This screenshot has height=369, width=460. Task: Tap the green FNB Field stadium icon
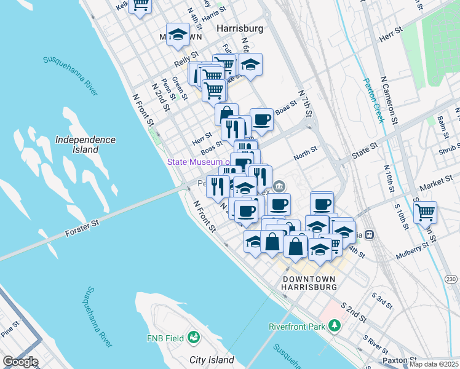tap(194, 337)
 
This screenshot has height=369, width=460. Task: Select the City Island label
tap(212, 360)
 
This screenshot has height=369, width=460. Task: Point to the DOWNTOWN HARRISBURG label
tap(309, 283)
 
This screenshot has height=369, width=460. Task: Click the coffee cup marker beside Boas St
tap(261, 119)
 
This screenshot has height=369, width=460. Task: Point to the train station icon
tap(369, 234)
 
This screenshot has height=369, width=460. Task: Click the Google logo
tap(20, 362)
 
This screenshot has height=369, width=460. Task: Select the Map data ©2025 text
tap(434, 364)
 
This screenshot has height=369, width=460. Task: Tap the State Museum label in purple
tap(200, 162)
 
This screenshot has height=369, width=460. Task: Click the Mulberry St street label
tap(412, 247)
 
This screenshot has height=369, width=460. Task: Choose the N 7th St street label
tap(306, 102)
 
